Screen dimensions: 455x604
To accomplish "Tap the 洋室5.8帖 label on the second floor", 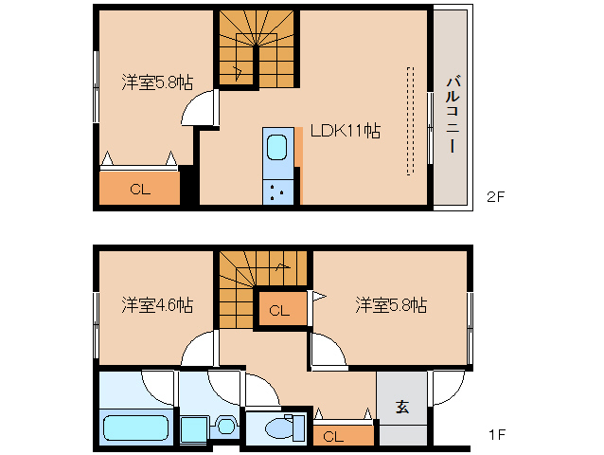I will pyautogui.click(x=157, y=82).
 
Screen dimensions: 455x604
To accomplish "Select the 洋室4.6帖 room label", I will pyautogui.click(x=157, y=305).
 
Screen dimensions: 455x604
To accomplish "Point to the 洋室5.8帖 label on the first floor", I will pyautogui.click(x=391, y=305).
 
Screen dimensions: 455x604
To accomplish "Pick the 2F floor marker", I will pyautogui.click(x=497, y=198).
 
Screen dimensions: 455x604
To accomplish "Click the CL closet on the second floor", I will pyautogui.click(x=140, y=189).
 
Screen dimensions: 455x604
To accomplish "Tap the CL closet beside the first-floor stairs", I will pyautogui.click(x=281, y=310).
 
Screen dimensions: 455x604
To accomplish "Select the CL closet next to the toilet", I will pyautogui.click(x=332, y=436).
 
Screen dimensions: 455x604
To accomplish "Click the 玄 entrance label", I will pyautogui.click(x=401, y=408).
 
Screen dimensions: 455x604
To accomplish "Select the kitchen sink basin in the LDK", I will pyautogui.click(x=277, y=148).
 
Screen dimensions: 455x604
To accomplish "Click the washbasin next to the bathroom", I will pyautogui.click(x=225, y=426).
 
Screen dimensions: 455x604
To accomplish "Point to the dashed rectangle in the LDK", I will pyautogui.click(x=410, y=120).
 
